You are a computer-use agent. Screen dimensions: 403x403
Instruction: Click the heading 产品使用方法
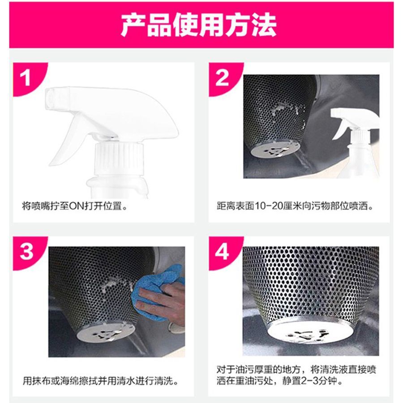pos(198,25)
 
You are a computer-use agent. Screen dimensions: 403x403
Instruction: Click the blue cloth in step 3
pos(154,288)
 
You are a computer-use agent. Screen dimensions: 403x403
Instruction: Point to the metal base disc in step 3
pos(106,332)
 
